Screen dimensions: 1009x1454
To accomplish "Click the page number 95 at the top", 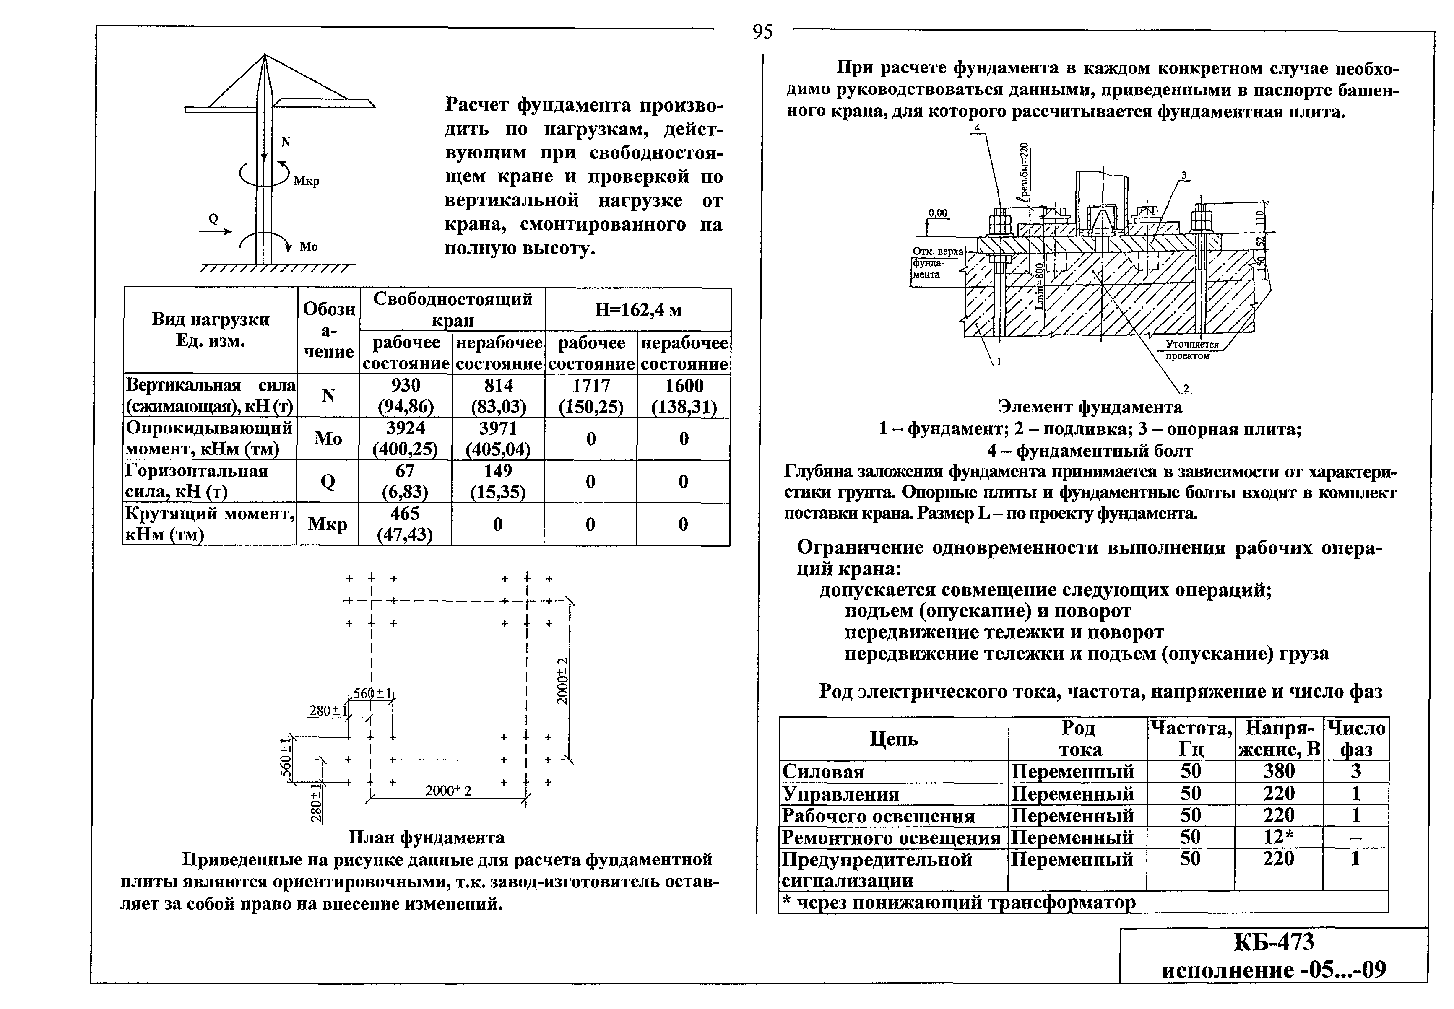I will tap(762, 31).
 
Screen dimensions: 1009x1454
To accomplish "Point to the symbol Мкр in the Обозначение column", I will tap(327, 524).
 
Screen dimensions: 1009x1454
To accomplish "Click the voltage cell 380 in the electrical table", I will tap(1278, 771).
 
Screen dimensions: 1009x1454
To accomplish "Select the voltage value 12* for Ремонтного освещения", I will tap(1278, 837).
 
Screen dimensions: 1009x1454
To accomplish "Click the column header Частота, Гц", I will tap(1190, 739).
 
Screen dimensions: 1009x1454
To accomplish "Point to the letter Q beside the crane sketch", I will tap(213, 219).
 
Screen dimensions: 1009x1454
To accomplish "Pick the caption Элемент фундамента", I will tap(1090, 407).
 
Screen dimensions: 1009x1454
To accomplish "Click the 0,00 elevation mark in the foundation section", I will tap(938, 213).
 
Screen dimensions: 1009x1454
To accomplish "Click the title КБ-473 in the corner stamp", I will tap(1274, 942).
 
